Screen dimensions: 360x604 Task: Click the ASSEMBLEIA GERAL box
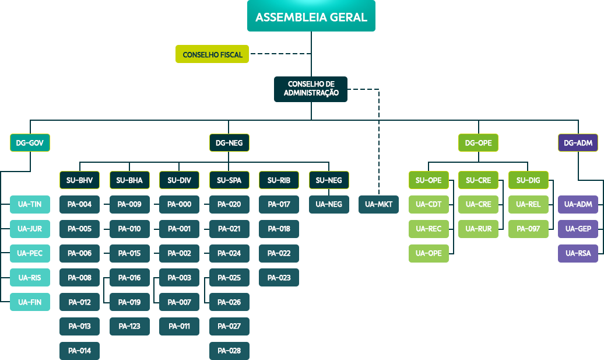coord(311,17)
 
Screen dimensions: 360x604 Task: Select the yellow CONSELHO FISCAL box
coord(212,54)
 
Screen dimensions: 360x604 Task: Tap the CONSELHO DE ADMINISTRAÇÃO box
coord(311,89)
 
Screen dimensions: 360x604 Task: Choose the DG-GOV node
coord(30,142)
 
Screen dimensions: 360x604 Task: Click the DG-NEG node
coord(229,142)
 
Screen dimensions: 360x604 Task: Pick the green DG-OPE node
coord(478,142)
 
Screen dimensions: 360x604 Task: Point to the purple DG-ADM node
coord(578,142)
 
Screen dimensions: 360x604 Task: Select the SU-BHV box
coord(79,180)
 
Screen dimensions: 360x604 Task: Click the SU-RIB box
coord(279,180)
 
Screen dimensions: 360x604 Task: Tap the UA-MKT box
coord(378,204)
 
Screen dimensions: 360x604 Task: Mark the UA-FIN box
coord(30,302)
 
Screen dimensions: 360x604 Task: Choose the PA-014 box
coord(79,351)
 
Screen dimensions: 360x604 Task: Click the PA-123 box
coord(129,326)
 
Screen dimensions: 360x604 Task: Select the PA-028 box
coord(229,351)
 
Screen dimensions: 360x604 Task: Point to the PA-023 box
coord(279,278)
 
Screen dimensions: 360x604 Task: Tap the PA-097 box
coord(528,229)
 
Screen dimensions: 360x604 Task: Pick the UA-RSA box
coord(578,253)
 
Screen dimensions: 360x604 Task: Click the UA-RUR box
coord(478,229)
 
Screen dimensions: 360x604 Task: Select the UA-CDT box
coord(429,204)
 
